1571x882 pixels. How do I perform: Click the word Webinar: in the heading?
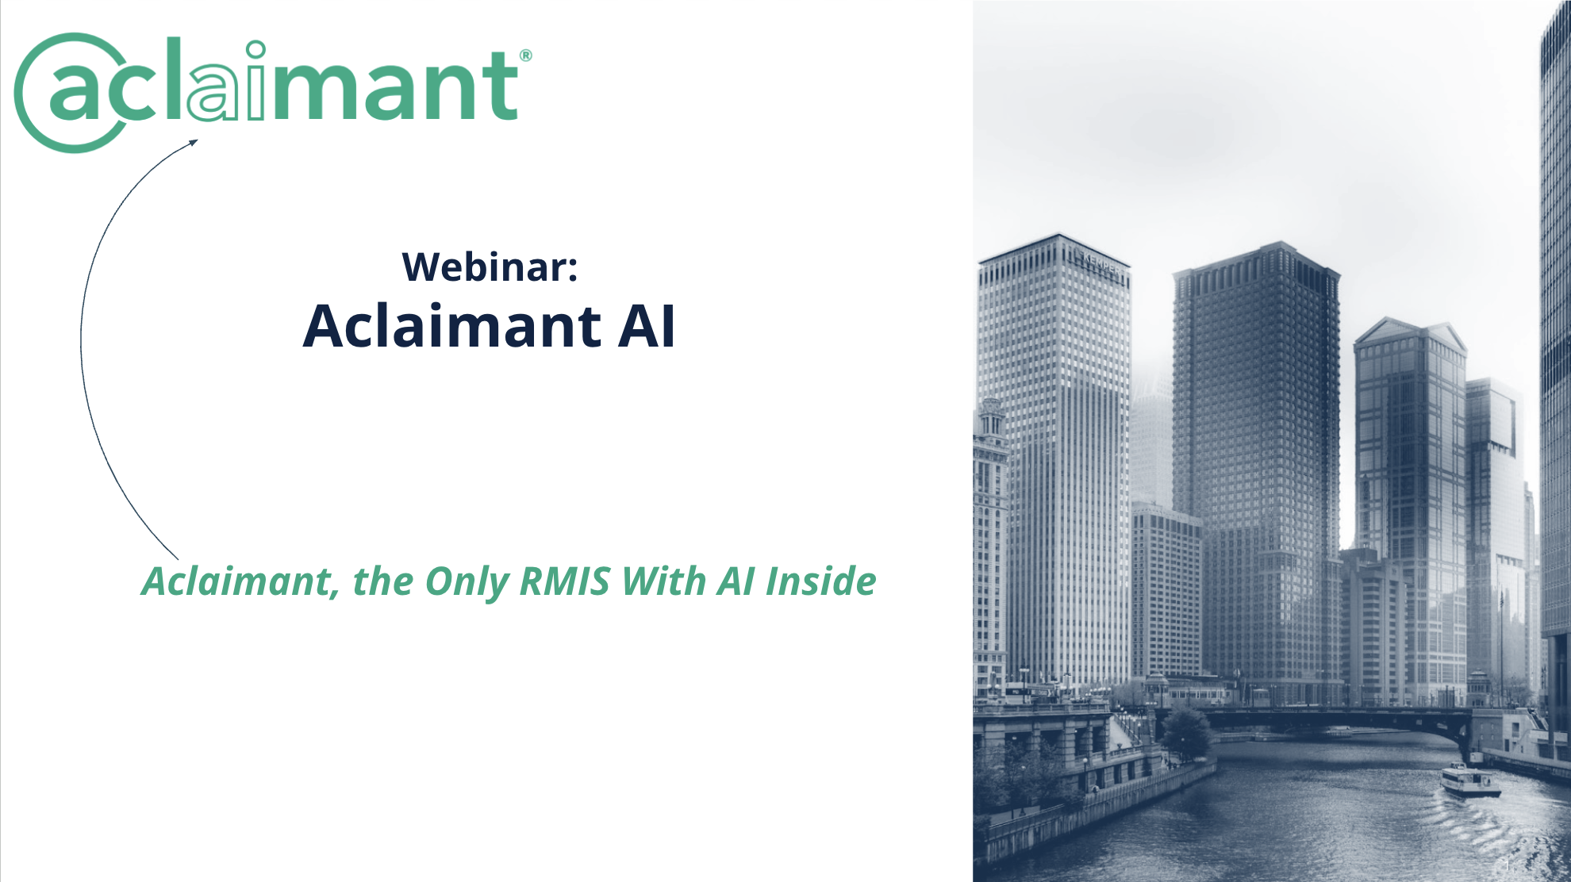490,267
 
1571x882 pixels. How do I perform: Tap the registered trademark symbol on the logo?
525,56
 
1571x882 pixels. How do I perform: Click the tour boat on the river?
1469,780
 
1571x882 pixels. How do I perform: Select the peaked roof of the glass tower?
1409,331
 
